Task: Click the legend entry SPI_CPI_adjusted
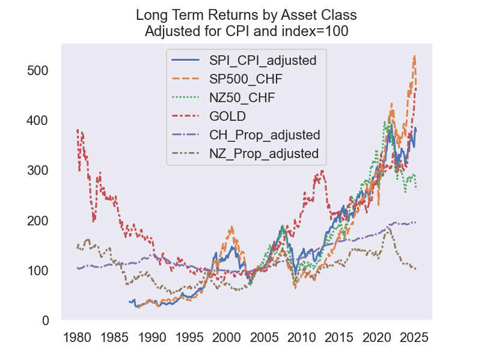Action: click(263, 59)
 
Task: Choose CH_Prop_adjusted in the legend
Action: click(265, 134)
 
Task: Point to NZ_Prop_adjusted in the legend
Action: click(264, 153)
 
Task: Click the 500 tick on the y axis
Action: click(37, 70)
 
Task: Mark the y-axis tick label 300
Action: click(37, 171)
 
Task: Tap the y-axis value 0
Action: click(46, 321)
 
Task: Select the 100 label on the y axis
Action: click(37, 271)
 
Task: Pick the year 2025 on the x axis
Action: click(414, 338)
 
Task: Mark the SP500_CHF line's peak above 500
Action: click(414, 56)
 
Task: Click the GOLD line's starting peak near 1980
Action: click(78, 130)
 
